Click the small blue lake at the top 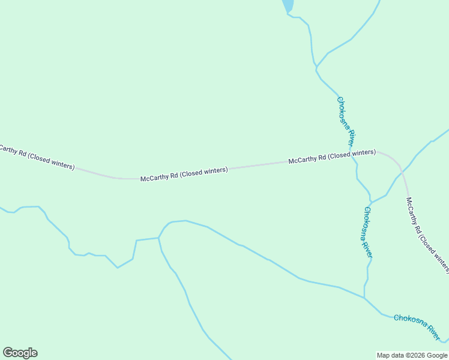[x=288, y=5]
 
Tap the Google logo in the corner [x=20, y=353]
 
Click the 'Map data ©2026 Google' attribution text [x=412, y=355]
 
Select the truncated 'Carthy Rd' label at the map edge [x=37, y=158]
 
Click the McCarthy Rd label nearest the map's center [x=184, y=175]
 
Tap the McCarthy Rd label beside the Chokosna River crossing [x=332, y=157]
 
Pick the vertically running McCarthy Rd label [x=427, y=234]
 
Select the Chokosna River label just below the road [x=368, y=233]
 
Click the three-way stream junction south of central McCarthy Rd [x=158, y=238]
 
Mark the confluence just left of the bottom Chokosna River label [x=364, y=298]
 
